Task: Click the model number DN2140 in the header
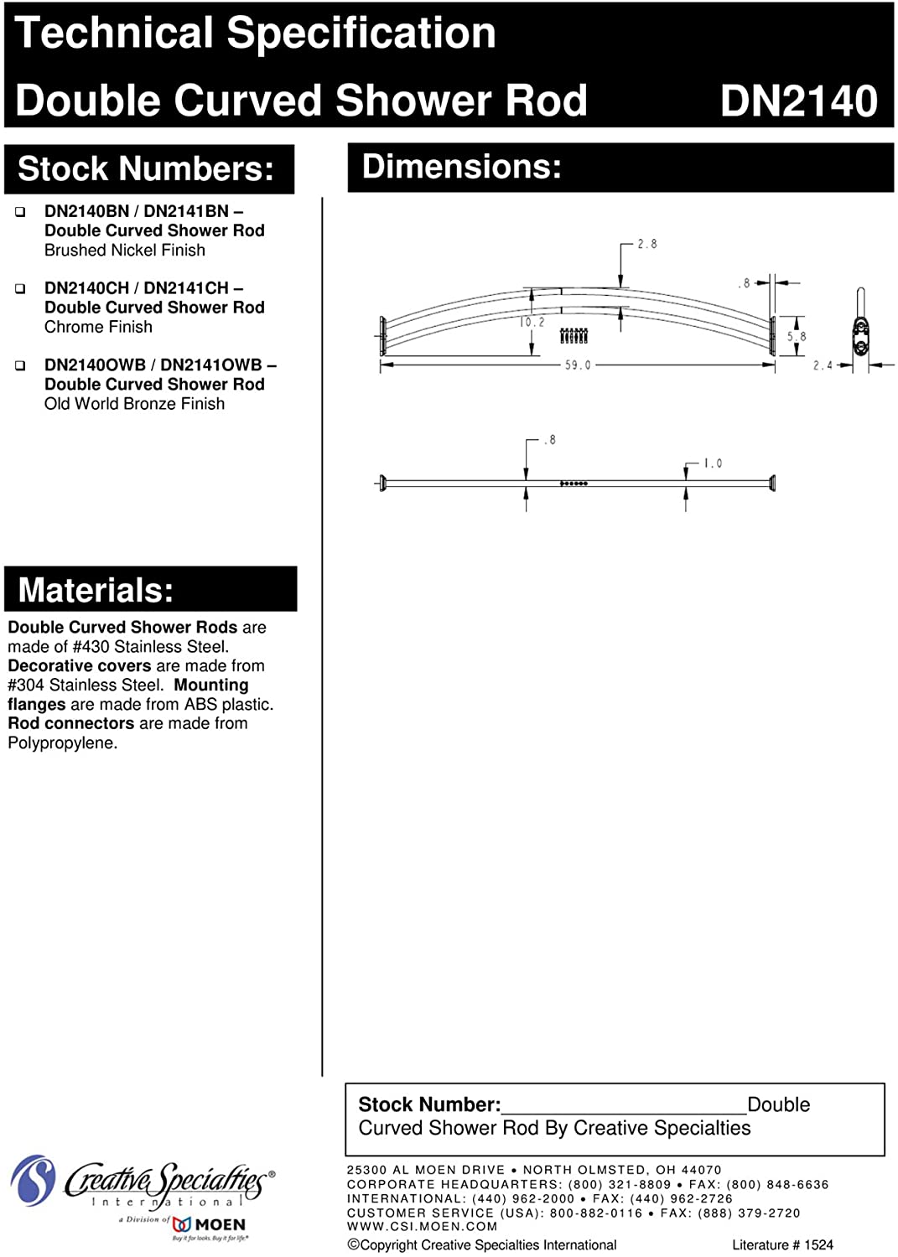[x=798, y=101]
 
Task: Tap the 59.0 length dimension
[x=577, y=365]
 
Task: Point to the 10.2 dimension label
[x=532, y=322]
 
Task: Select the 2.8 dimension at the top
[x=646, y=244]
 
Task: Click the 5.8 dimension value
[x=797, y=336]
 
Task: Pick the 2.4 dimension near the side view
[x=823, y=365]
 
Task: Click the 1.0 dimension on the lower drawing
[x=713, y=463]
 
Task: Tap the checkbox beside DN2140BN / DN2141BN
[x=20, y=212]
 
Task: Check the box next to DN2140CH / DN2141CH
[x=20, y=289]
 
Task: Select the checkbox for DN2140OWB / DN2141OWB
[x=20, y=366]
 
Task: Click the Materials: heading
[x=96, y=590]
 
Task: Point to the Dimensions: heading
[x=461, y=167]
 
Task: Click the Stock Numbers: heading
[x=146, y=169]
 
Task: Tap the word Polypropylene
[x=62, y=743]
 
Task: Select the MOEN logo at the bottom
[x=210, y=1225]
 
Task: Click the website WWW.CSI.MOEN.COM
[x=422, y=1227]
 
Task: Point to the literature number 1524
[x=818, y=1245]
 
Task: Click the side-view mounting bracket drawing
[x=860, y=331]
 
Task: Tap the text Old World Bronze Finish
[x=134, y=404]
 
